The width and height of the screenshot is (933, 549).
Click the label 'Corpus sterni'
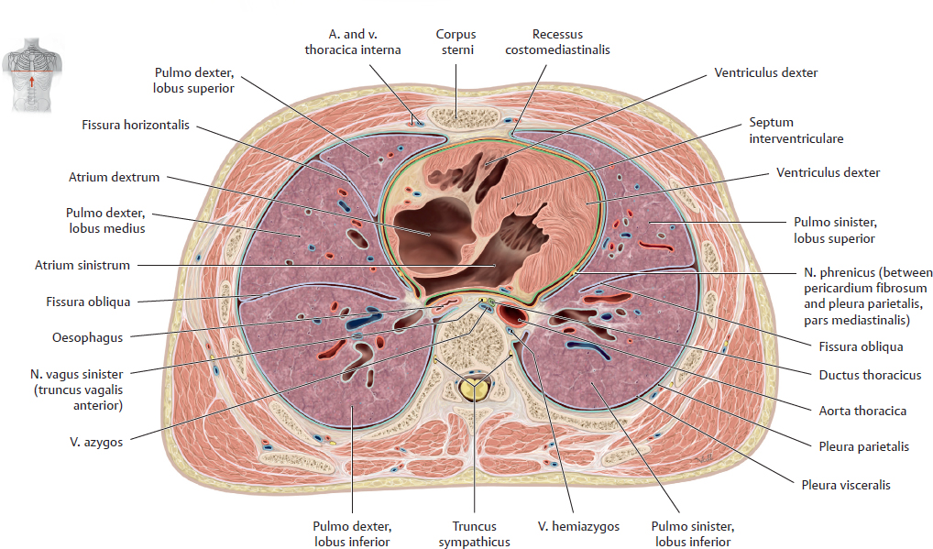click(x=455, y=42)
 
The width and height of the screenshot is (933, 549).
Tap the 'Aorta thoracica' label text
click(x=862, y=411)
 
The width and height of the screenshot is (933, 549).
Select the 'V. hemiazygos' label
click(x=577, y=526)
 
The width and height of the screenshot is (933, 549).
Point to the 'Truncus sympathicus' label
click(x=474, y=533)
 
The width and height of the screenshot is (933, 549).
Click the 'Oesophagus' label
click(x=88, y=337)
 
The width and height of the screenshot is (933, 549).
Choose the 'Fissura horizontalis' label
click(x=136, y=125)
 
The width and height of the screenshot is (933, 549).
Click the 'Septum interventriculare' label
click(x=796, y=130)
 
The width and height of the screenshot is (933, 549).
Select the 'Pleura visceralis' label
click(x=844, y=485)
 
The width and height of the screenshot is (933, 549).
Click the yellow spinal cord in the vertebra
click(x=473, y=390)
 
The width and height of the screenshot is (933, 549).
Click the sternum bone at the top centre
click(x=455, y=116)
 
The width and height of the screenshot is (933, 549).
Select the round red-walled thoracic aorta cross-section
click(x=515, y=317)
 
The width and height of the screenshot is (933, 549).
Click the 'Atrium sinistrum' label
click(x=82, y=266)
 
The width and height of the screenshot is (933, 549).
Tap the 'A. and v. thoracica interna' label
click(x=353, y=42)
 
